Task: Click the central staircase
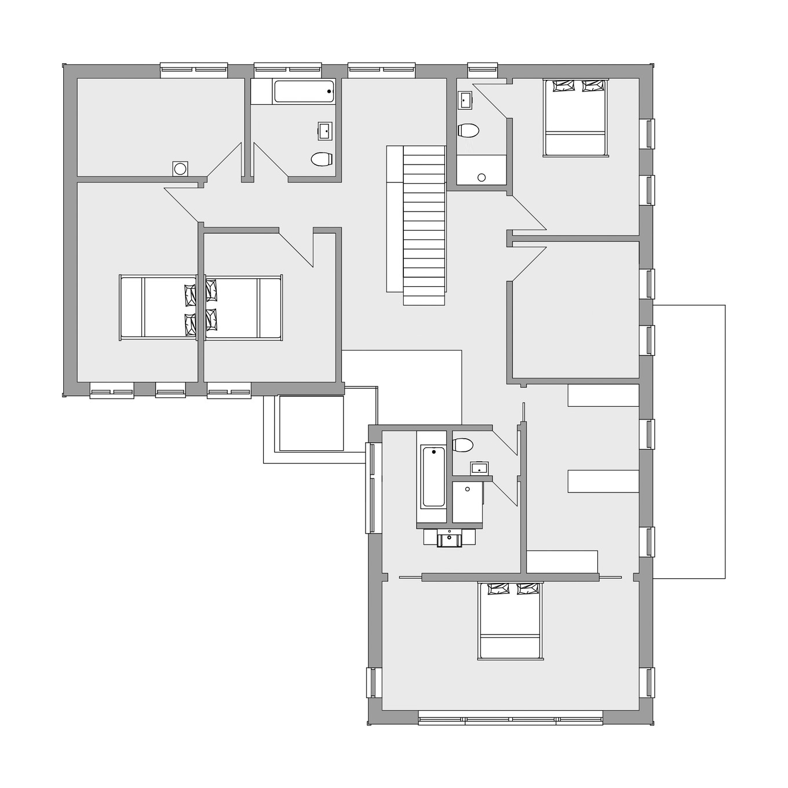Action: (x=424, y=225)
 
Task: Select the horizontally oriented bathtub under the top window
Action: (x=304, y=92)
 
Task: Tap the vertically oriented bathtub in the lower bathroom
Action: (x=433, y=477)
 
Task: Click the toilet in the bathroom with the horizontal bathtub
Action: (x=321, y=158)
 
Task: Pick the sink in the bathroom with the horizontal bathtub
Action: (x=325, y=131)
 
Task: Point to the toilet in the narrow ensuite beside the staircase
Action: (x=468, y=130)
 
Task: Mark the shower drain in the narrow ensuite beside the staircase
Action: (x=481, y=177)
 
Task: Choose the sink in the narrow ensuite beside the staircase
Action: (x=465, y=100)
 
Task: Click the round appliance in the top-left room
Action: (x=180, y=169)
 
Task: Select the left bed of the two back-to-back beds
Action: (x=158, y=307)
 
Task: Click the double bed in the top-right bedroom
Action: (x=575, y=118)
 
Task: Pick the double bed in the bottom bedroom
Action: (x=510, y=621)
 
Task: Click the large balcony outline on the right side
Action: (x=690, y=442)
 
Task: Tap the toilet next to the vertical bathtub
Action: (x=463, y=445)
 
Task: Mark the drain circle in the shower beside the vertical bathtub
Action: (x=468, y=489)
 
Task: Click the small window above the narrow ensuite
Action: (x=482, y=70)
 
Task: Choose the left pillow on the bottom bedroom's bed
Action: (x=498, y=589)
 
